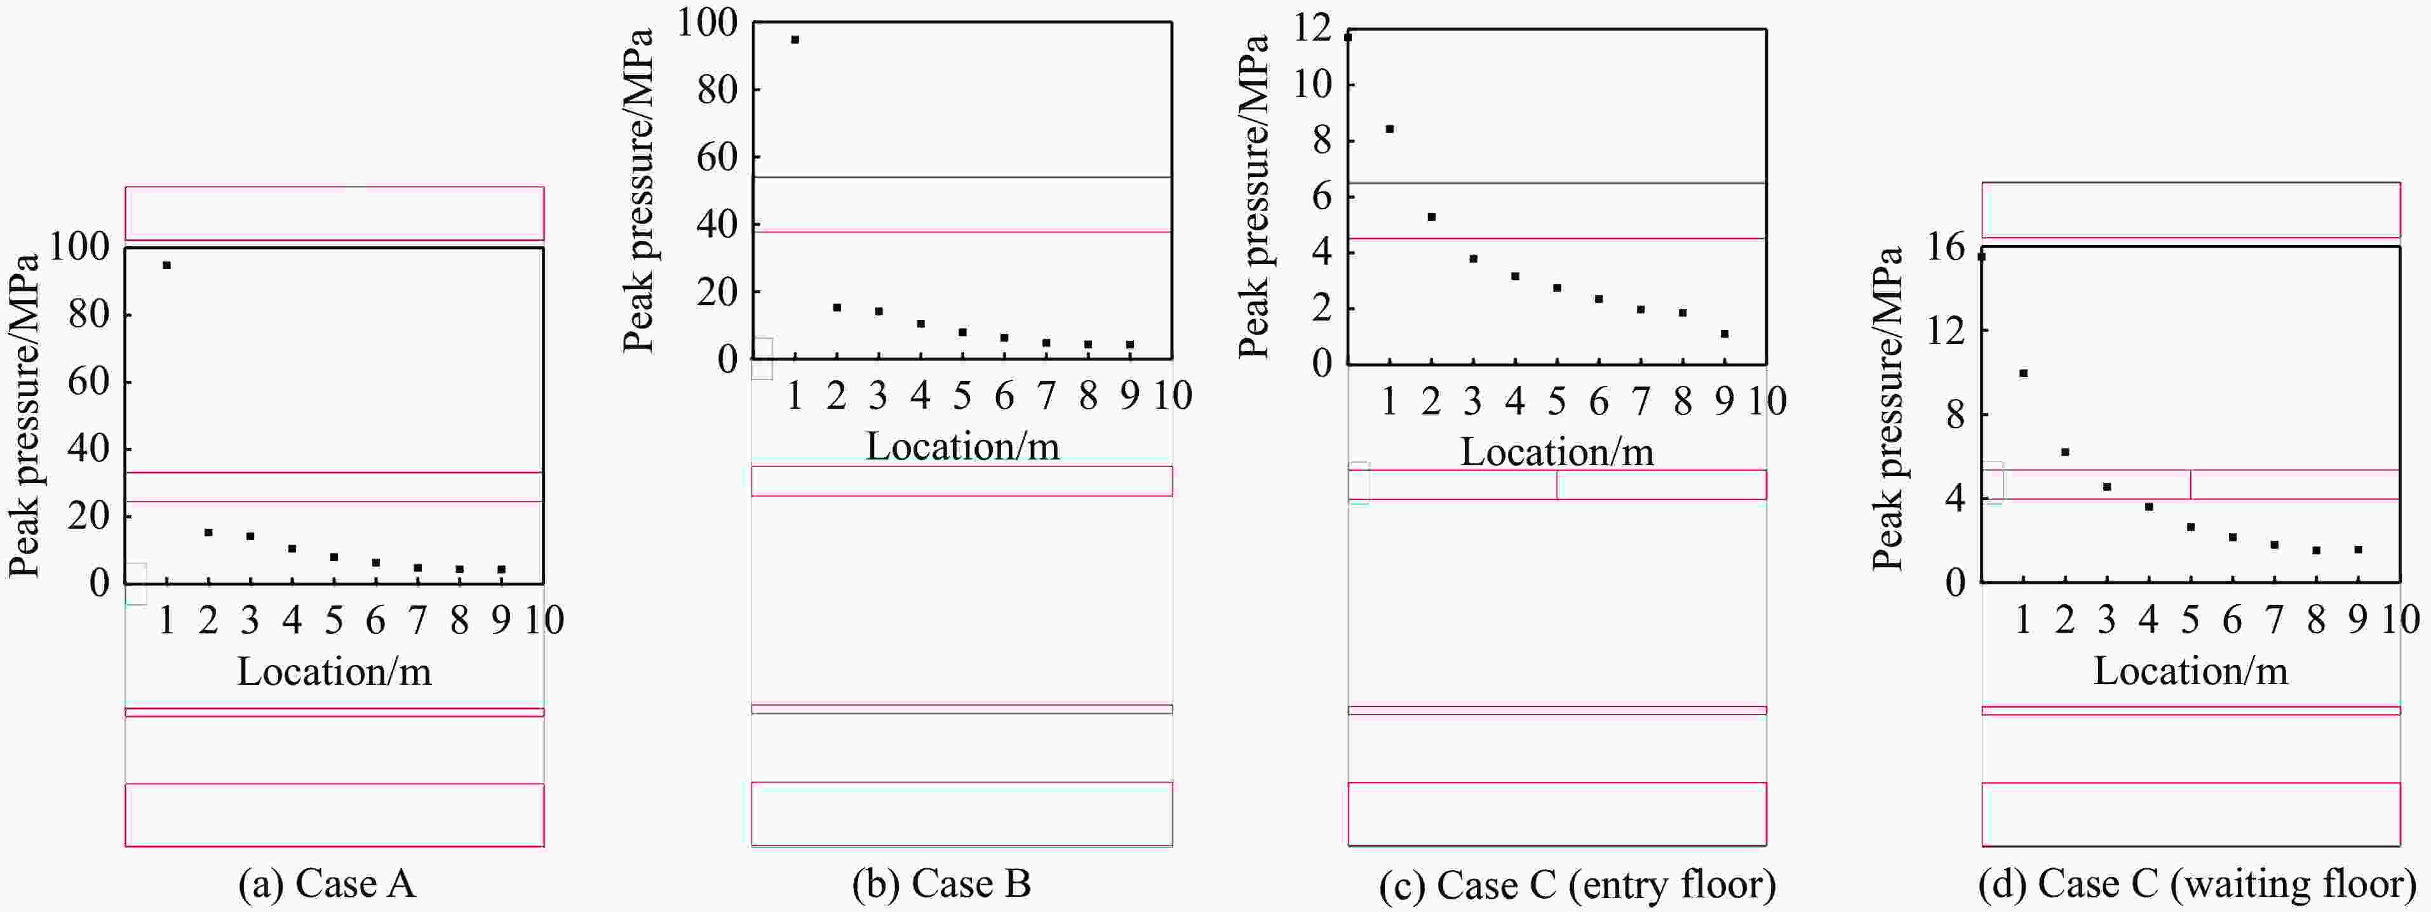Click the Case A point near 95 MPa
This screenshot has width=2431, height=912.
click(x=166, y=265)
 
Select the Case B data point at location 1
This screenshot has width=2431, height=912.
click(x=795, y=39)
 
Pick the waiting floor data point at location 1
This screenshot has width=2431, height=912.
click(x=2023, y=373)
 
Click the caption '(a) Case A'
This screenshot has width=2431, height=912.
click(x=327, y=883)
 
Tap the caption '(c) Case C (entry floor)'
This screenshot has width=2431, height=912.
click(x=1577, y=885)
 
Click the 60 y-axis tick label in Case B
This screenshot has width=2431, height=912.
click(x=717, y=157)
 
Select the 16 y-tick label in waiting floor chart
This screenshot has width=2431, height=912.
click(x=1945, y=247)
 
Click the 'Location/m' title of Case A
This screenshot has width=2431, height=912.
click(x=334, y=671)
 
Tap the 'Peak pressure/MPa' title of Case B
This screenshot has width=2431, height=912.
click(x=639, y=190)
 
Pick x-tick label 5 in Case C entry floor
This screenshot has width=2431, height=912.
click(x=1556, y=402)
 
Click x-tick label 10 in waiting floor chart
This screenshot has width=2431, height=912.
click(x=2400, y=619)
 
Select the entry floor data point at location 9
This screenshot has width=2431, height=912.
click(x=1724, y=334)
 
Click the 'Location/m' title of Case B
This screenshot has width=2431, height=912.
click(x=962, y=446)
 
